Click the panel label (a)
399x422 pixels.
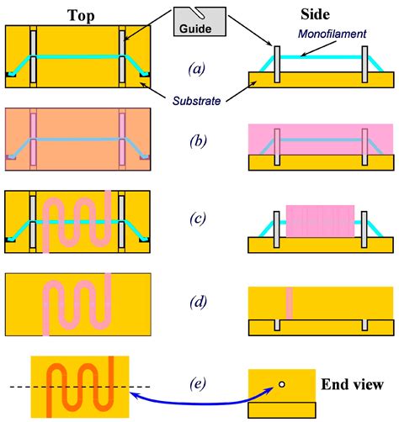[x=199, y=69]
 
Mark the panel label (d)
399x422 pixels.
[x=199, y=299]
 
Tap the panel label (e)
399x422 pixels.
[x=199, y=384]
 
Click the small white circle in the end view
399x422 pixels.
[x=282, y=385]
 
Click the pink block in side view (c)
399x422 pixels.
[x=312, y=220]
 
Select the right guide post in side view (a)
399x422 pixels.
[x=365, y=64]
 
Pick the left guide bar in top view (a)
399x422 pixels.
[x=32, y=57]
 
